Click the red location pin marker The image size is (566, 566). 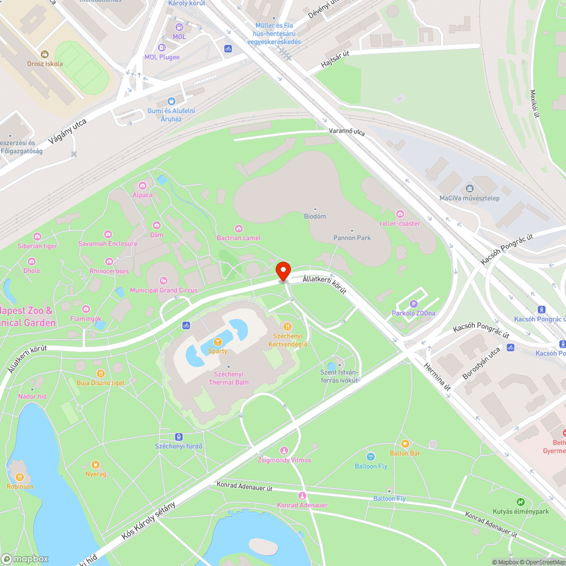[x=282, y=271]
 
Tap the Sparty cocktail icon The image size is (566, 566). [x=218, y=341]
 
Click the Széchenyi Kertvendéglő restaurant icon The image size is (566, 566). [x=288, y=326]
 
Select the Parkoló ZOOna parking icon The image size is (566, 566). [x=413, y=305]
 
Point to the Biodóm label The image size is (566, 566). [x=315, y=216]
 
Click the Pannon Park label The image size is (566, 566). [x=352, y=238]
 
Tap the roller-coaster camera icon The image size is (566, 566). [x=400, y=213]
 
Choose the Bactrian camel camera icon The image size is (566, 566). [x=239, y=228]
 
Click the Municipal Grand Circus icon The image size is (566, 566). [x=164, y=280]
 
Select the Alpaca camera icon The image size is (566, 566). [x=143, y=186]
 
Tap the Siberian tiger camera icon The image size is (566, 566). [x=37, y=236]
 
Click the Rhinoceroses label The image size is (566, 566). [x=109, y=271]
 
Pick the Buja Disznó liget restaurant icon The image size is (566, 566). [x=100, y=373]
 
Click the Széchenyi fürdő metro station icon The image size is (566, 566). [x=179, y=436]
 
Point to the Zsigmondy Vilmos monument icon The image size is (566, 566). [x=284, y=450]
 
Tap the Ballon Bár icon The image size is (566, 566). [x=405, y=444]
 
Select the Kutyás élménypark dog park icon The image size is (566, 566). [x=521, y=502]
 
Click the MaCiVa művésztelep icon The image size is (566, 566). [x=469, y=188]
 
